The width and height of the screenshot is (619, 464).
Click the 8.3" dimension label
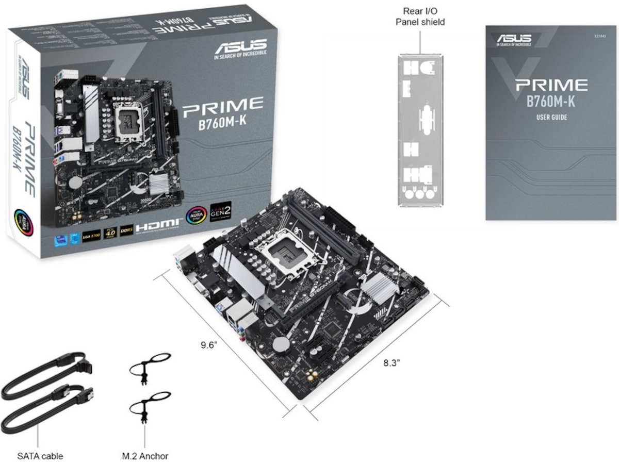tap(392, 362)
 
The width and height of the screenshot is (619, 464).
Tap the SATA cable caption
tap(40, 456)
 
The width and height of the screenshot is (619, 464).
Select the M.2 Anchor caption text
tap(145, 456)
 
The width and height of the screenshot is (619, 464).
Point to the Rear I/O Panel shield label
tap(420, 16)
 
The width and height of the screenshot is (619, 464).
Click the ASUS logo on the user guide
tap(514, 39)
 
